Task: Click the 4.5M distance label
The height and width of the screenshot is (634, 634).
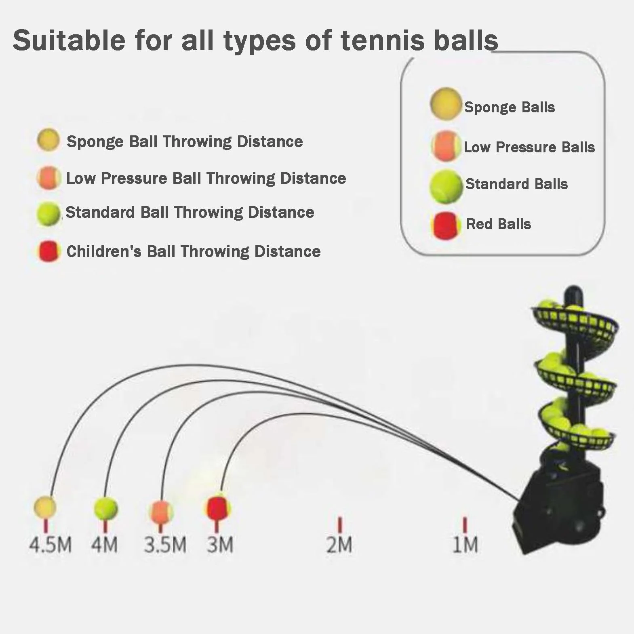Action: [x=51, y=544]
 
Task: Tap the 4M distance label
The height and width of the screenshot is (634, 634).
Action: [x=104, y=544]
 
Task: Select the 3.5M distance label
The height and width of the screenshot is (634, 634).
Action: [x=165, y=544]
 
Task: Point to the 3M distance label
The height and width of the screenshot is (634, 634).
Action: [x=220, y=544]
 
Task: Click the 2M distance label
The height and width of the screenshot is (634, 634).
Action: [x=339, y=544]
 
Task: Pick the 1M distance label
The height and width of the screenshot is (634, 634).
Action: [x=465, y=544]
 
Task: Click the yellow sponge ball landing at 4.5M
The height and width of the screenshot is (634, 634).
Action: [x=45, y=507]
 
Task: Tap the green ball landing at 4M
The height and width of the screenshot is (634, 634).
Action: [x=106, y=508]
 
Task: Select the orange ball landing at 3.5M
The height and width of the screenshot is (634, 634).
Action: [x=161, y=512]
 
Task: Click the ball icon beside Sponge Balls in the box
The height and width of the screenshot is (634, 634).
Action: [x=446, y=104]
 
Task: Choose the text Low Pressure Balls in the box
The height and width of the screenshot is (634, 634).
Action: [x=529, y=147]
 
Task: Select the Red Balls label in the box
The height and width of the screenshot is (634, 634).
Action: [x=499, y=224]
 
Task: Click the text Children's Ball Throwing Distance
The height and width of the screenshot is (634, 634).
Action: [x=194, y=251]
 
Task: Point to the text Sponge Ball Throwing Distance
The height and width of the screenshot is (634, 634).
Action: [x=185, y=141]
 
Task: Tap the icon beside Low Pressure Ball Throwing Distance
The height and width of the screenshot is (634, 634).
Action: [x=49, y=178]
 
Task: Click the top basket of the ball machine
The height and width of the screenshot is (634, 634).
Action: [x=575, y=321]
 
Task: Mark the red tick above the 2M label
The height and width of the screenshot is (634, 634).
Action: [x=340, y=525]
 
